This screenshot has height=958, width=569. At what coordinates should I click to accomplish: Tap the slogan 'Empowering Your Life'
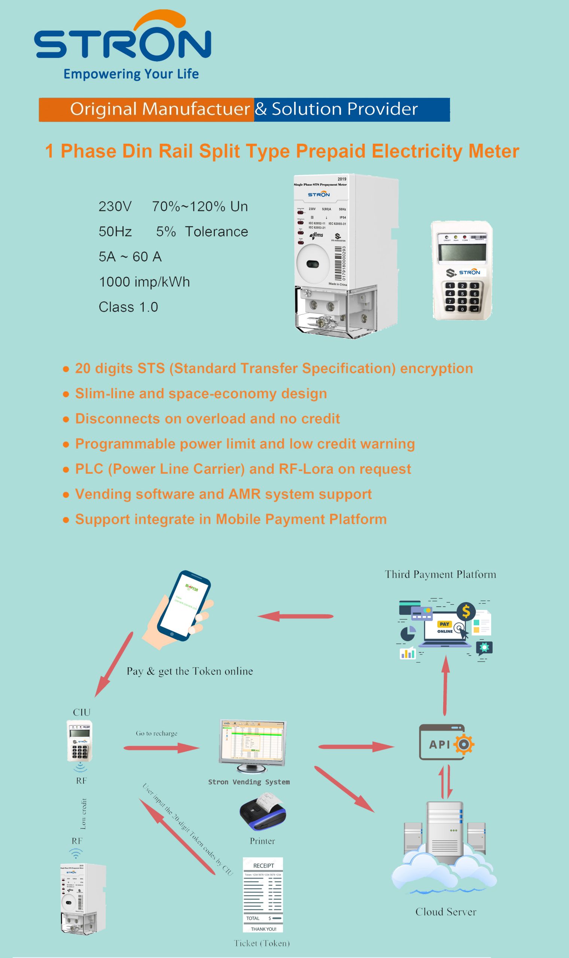(131, 74)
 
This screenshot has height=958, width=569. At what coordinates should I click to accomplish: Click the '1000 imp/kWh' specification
(144, 282)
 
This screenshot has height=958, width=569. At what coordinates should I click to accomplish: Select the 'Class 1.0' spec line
(128, 307)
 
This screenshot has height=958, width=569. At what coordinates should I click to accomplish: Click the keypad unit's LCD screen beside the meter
(462, 253)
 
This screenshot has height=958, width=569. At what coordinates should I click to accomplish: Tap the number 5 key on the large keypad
(462, 293)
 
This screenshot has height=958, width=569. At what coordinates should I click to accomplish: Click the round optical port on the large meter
(313, 264)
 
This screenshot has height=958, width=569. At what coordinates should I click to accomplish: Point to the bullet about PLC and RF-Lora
(243, 469)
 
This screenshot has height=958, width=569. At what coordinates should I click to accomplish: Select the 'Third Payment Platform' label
(440, 574)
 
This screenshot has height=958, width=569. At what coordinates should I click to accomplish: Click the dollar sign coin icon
(466, 611)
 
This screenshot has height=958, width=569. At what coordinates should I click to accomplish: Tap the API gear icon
(463, 744)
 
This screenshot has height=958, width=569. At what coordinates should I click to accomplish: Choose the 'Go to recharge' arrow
(161, 747)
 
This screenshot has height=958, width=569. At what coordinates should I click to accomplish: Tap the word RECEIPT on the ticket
(264, 866)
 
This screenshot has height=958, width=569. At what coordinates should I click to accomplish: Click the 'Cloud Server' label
(445, 912)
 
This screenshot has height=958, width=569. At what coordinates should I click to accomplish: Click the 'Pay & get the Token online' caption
(190, 671)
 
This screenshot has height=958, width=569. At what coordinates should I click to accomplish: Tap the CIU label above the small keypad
(82, 712)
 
